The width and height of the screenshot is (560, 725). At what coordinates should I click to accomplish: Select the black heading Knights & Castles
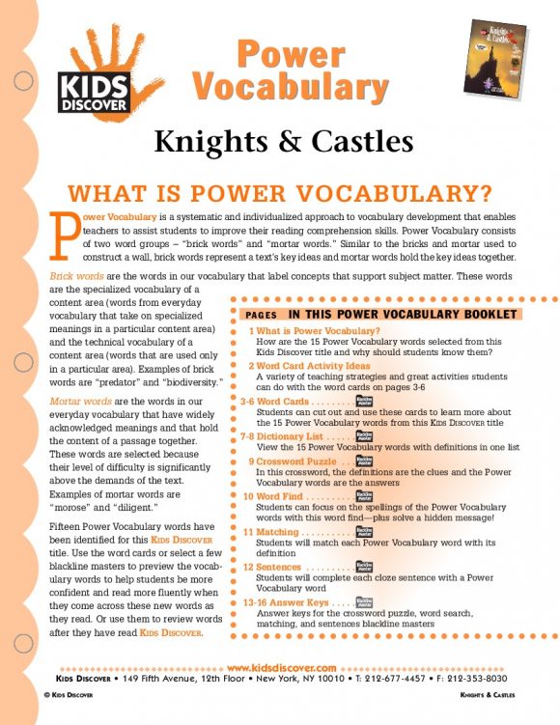[283, 142]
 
